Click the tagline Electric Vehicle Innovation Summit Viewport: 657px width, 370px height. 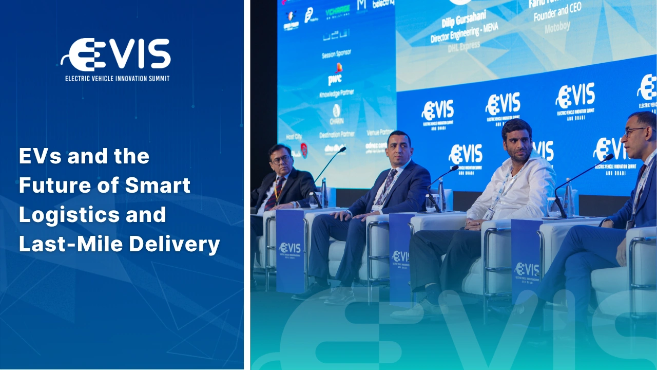tap(117, 79)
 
